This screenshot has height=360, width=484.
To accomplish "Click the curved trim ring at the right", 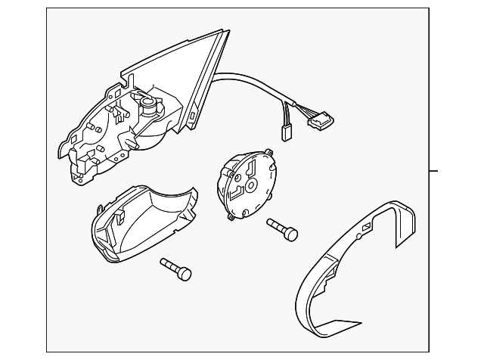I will point(355,265).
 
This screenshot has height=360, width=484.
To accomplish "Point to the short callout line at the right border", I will point(433,170).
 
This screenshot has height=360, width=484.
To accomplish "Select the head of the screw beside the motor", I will point(290,233).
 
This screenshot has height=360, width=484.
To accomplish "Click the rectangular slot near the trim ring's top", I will point(367,227).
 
